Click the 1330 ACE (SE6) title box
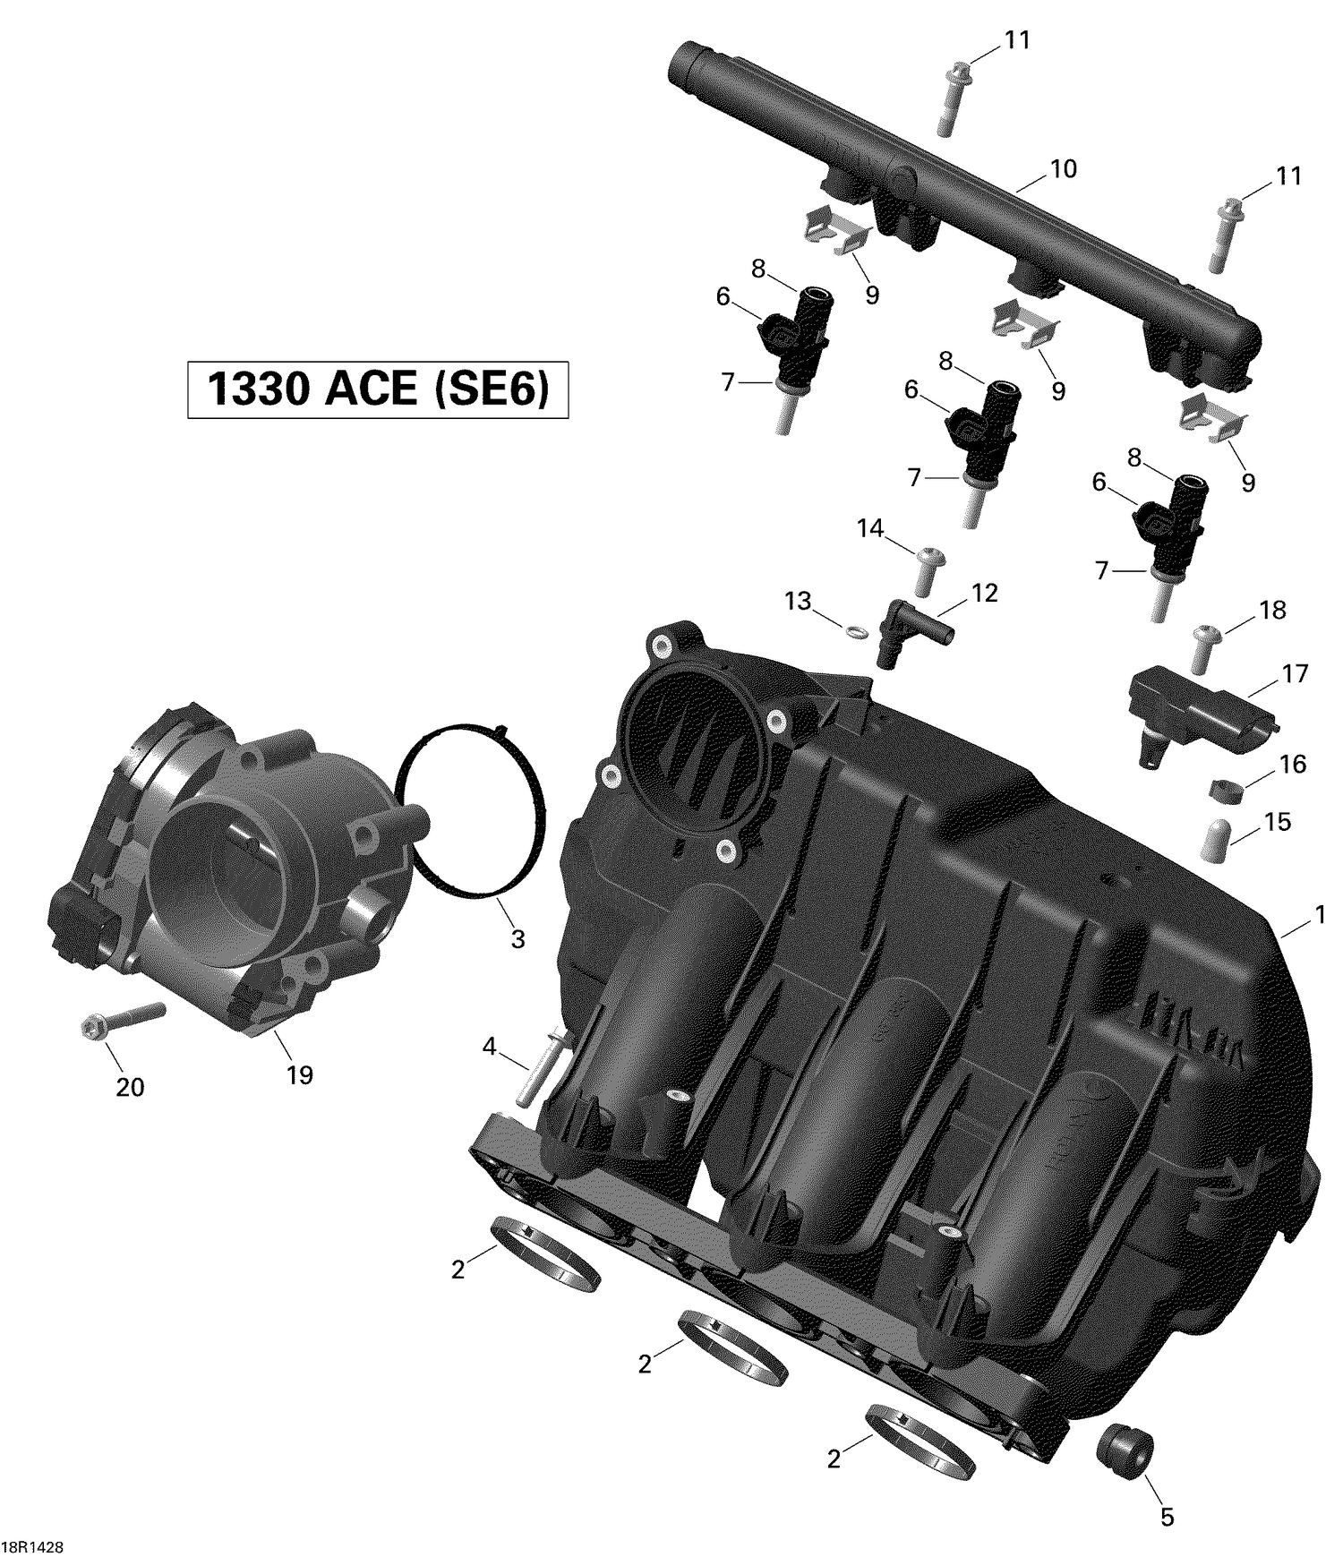[377, 389]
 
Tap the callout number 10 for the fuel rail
[1063, 168]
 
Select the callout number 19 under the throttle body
[299, 1074]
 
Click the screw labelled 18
[1205, 648]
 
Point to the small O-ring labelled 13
[855, 633]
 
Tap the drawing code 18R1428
[38, 1547]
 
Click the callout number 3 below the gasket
[518, 939]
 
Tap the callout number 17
[1295, 673]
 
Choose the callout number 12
[984, 593]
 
